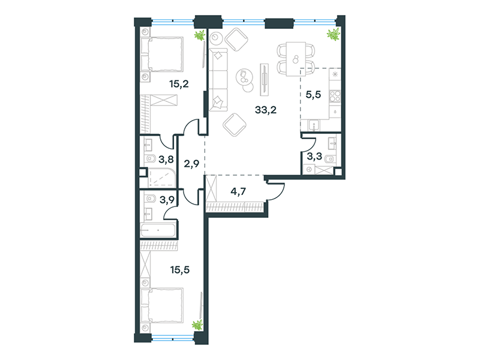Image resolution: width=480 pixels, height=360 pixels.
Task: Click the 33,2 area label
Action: coord(266,110)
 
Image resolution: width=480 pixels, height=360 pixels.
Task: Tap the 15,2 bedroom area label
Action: coord(179,83)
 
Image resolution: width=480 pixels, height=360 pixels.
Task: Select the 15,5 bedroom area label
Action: coord(180,269)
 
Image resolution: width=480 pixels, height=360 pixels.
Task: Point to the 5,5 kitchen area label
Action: coord(313,95)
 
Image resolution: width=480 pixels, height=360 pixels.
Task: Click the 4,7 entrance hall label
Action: coord(238,191)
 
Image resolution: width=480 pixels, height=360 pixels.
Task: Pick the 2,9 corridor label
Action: coord(191,164)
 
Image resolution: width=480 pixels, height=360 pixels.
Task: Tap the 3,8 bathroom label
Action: coord(166,159)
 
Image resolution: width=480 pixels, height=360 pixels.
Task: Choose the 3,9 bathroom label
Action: coord(167,200)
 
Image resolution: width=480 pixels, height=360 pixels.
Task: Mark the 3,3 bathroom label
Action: coord(314,157)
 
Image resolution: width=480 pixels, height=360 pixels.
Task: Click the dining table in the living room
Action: coord(296,59)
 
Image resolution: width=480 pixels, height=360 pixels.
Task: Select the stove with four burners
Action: coord(335,95)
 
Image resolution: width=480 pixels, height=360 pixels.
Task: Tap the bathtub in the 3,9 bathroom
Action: coord(158,230)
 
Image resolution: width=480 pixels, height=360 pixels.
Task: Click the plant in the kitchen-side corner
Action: coord(334,34)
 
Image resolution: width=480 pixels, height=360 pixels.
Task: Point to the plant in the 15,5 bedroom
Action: coord(197,325)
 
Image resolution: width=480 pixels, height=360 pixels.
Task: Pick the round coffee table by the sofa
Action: coord(245,77)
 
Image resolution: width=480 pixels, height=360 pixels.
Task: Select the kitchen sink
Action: coord(314,125)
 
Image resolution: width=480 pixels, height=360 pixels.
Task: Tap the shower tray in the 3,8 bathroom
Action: coord(162,178)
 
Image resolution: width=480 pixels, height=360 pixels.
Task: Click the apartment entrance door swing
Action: coord(275,191)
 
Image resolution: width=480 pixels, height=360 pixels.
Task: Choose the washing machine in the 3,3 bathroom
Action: coord(309,169)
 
